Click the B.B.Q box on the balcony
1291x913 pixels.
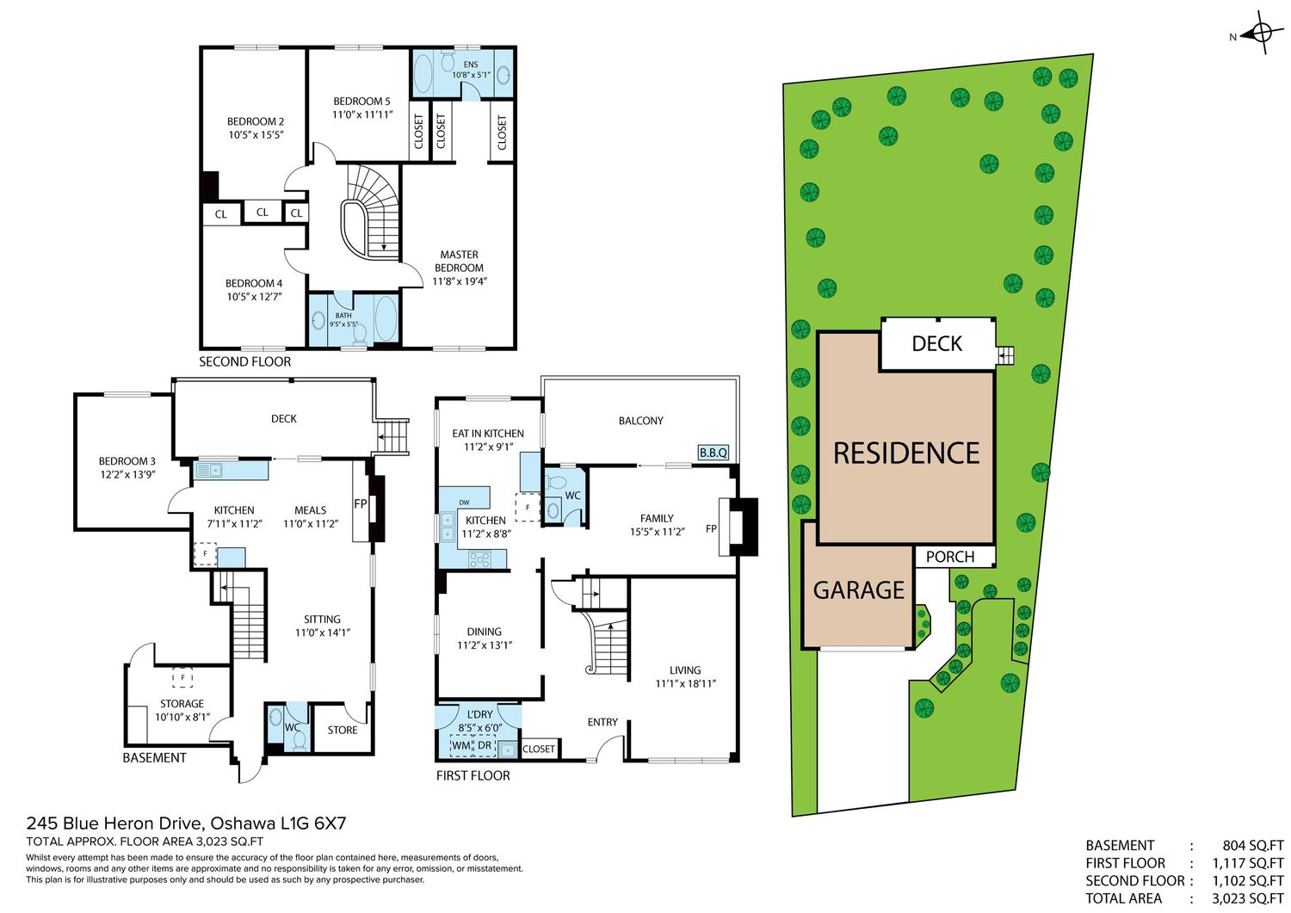713,453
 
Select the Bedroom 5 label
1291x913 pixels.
361,102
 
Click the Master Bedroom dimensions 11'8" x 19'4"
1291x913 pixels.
460,281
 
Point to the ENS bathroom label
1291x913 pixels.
470,65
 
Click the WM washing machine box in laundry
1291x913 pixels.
461,745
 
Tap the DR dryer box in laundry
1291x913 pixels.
485,745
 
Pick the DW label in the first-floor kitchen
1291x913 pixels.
464,503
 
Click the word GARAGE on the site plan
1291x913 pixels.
858,590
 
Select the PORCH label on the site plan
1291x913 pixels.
950,557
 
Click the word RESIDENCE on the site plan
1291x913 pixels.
906,453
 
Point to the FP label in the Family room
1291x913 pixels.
711,528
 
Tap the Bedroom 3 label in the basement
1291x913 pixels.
127,461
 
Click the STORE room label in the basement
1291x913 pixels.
343,731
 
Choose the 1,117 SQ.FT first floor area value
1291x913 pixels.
1248,863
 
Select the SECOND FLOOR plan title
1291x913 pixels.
245,362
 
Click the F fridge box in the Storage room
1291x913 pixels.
182,678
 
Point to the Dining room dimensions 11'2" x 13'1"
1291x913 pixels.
485,645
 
